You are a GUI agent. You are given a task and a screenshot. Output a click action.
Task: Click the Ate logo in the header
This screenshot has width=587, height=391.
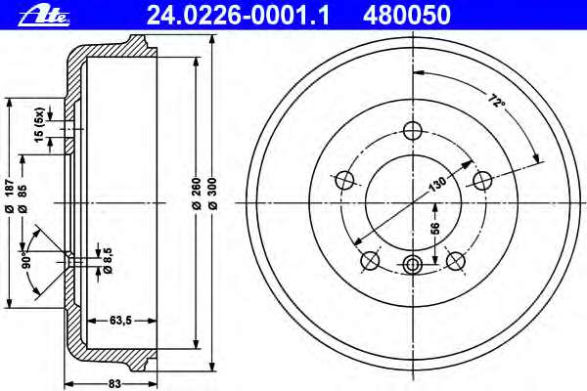(44, 17)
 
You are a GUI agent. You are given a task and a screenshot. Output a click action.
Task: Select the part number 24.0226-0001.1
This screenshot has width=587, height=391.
(238, 16)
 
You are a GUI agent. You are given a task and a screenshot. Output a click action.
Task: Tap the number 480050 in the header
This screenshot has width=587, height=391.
(406, 16)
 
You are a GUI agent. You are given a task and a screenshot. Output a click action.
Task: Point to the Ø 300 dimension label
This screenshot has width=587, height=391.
(212, 194)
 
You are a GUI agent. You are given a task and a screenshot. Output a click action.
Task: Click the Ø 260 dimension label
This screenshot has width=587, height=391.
(197, 194)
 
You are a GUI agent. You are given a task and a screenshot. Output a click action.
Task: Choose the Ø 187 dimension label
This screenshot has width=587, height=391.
(10, 196)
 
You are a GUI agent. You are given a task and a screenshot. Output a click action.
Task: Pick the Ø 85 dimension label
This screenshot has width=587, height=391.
(23, 198)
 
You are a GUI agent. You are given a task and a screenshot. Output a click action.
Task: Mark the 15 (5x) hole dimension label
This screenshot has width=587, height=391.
(39, 125)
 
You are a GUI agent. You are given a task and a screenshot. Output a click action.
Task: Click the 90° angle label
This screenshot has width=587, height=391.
(26, 260)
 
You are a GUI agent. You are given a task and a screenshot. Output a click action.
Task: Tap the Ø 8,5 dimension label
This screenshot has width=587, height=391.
(108, 260)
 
